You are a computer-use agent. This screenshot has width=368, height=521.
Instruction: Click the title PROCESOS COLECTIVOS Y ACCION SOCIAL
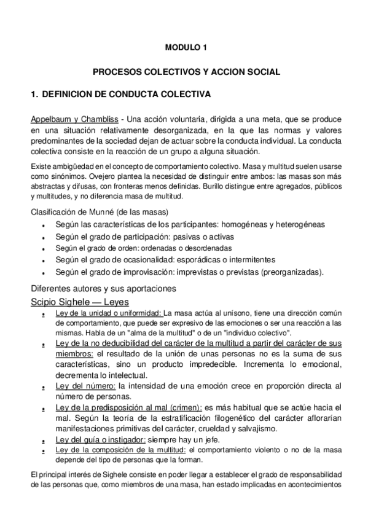pyautogui.click(x=186, y=72)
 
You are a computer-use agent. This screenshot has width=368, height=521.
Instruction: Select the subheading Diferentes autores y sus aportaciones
pyautogui.click(x=104, y=288)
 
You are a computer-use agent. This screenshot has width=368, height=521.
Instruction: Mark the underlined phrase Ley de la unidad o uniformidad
pyautogui.click(x=108, y=313)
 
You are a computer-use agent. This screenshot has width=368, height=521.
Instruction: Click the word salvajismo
pyautogui.click(x=256, y=428)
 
